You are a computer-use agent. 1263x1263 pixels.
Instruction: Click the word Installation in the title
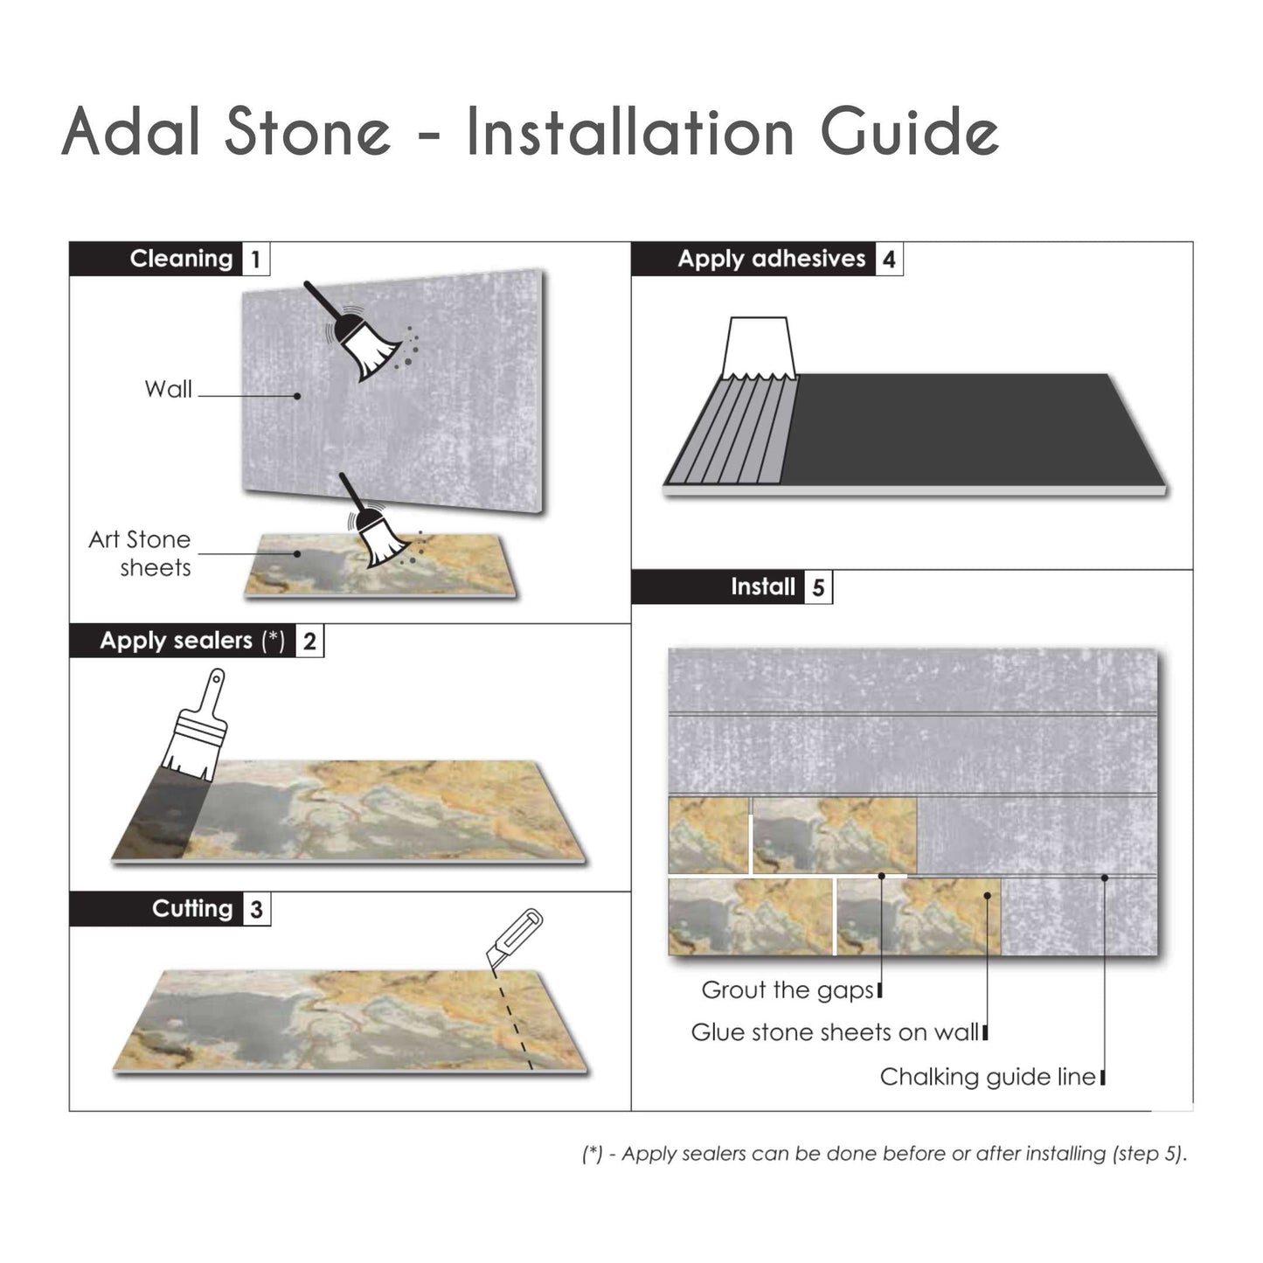[x=629, y=133]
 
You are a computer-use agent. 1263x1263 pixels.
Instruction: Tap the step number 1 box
[x=255, y=260]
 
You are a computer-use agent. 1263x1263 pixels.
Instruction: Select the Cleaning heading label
[x=181, y=259]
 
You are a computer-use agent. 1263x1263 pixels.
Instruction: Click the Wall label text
[x=168, y=389]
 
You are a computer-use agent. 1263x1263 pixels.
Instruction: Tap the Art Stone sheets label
[x=140, y=553]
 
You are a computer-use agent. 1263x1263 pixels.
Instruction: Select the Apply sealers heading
[x=191, y=641]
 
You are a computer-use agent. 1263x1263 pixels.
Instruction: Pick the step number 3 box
[x=256, y=910]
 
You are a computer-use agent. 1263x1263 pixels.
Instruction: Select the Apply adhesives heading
[x=771, y=259]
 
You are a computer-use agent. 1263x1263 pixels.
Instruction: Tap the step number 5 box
[x=818, y=587]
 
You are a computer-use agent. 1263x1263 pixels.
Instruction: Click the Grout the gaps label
[x=787, y=990]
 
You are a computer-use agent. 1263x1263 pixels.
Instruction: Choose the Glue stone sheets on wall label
[x=834, y=1032]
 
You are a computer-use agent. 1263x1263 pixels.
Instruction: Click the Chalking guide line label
[x=987, y=1077]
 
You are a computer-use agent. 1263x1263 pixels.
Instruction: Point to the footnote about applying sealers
[x=885, y=1154]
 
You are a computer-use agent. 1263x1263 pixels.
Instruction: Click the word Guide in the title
[x=909, y=133]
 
